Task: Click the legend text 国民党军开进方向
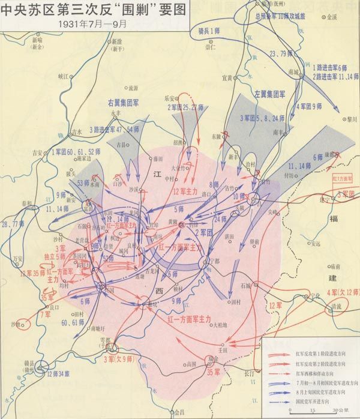click(x=313, y=396)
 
